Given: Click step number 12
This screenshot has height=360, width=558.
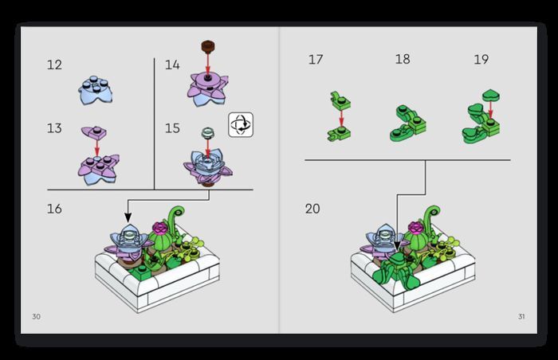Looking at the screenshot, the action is point(54,65).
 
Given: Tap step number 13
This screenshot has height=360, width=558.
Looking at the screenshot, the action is point(54,128).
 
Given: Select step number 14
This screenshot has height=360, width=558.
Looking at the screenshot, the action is point(172,65).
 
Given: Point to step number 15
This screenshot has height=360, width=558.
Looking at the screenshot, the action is point(172,128).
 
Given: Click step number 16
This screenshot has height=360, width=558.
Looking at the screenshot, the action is point(54,209).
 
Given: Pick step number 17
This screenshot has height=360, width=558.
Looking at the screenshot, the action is point(316,60).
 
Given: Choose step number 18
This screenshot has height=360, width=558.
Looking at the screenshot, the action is point(403,59).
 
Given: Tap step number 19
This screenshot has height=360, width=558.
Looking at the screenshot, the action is point(481,60).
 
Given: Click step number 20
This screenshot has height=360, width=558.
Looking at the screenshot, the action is point(312,209).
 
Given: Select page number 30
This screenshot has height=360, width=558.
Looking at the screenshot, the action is point(37,317).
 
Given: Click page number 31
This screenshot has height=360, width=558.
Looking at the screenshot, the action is point(521,317).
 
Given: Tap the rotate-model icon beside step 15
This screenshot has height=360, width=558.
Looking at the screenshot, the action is point(241,125).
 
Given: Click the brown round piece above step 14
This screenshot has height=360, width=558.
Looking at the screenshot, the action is point(208,46).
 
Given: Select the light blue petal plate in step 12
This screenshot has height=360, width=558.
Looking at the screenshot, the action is point(95,90).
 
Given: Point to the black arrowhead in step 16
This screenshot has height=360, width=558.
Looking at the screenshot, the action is point(128,217).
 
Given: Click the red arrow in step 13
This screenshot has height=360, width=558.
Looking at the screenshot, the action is point(96,147).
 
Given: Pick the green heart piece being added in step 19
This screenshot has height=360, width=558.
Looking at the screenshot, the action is point(491,95).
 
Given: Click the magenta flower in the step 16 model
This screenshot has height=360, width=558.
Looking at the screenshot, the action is point(159,227).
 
